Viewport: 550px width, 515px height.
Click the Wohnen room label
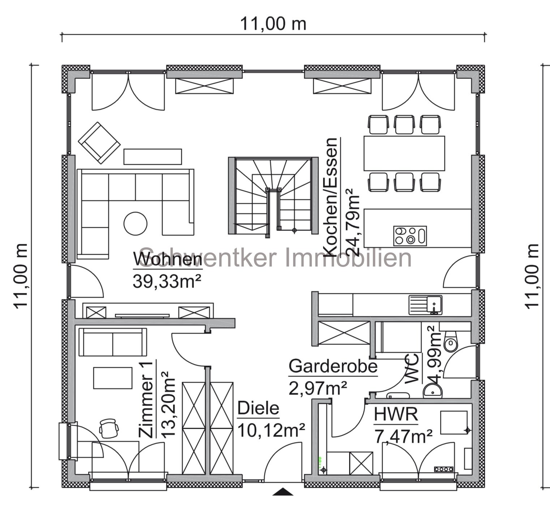point(168,260)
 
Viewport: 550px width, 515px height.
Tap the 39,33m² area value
point(167,281)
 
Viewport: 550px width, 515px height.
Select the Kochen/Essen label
point(331,197)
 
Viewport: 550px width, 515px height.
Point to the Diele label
point(258,408)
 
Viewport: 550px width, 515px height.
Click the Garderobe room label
point(333,366)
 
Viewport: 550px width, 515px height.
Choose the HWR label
point(396,414)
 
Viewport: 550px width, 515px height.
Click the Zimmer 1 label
point(147,399)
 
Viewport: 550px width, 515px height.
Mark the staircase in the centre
point(274,195)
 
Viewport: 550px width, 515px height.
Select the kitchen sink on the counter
point(425,304)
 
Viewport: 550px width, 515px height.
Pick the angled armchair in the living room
point(99,142)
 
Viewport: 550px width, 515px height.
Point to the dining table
point(404,153)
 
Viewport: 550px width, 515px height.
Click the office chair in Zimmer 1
point(109,427)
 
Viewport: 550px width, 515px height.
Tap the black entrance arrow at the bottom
point(283,491)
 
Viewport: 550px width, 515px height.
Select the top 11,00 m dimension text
point(273,24)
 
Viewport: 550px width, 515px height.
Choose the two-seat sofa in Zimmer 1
point(113,342)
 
